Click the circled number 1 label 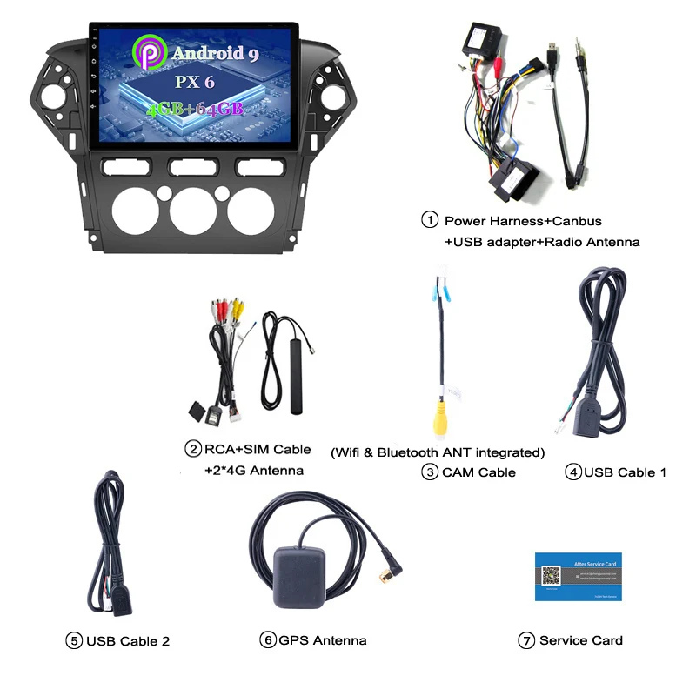[x=429, y=220]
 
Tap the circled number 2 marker [x=192, y=449]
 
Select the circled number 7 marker [x=525, y=640]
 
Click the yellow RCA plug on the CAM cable [x=443, y=420]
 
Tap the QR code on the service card [x=552, y=576]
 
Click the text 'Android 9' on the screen [x=214, y=53]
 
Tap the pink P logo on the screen [x=149, y=51]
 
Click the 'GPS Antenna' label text [x=322, y=640]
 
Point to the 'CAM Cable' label [x=478, y=472]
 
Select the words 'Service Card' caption [x=580, y=640]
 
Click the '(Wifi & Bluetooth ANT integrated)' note [x=438, y=452]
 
